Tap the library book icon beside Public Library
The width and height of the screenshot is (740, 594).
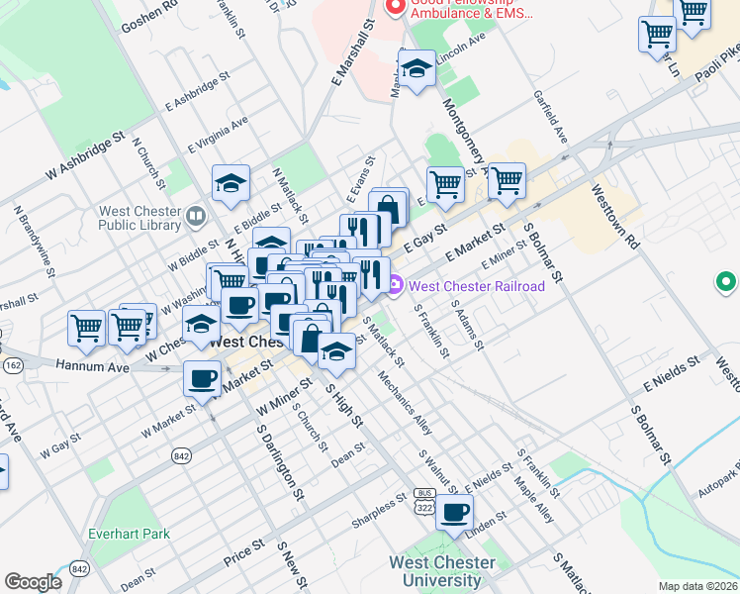195,214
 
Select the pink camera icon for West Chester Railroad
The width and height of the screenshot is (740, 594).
396,286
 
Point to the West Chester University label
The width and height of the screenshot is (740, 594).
442,571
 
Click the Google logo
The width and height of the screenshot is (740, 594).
33,582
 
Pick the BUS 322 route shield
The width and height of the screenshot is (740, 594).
425,500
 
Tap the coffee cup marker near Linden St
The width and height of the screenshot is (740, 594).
454,513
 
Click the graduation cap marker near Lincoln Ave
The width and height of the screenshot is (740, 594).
416,70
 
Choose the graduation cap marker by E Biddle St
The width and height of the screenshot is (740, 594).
231,183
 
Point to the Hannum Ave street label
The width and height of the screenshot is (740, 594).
93,367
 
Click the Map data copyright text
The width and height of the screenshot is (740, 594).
698,586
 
